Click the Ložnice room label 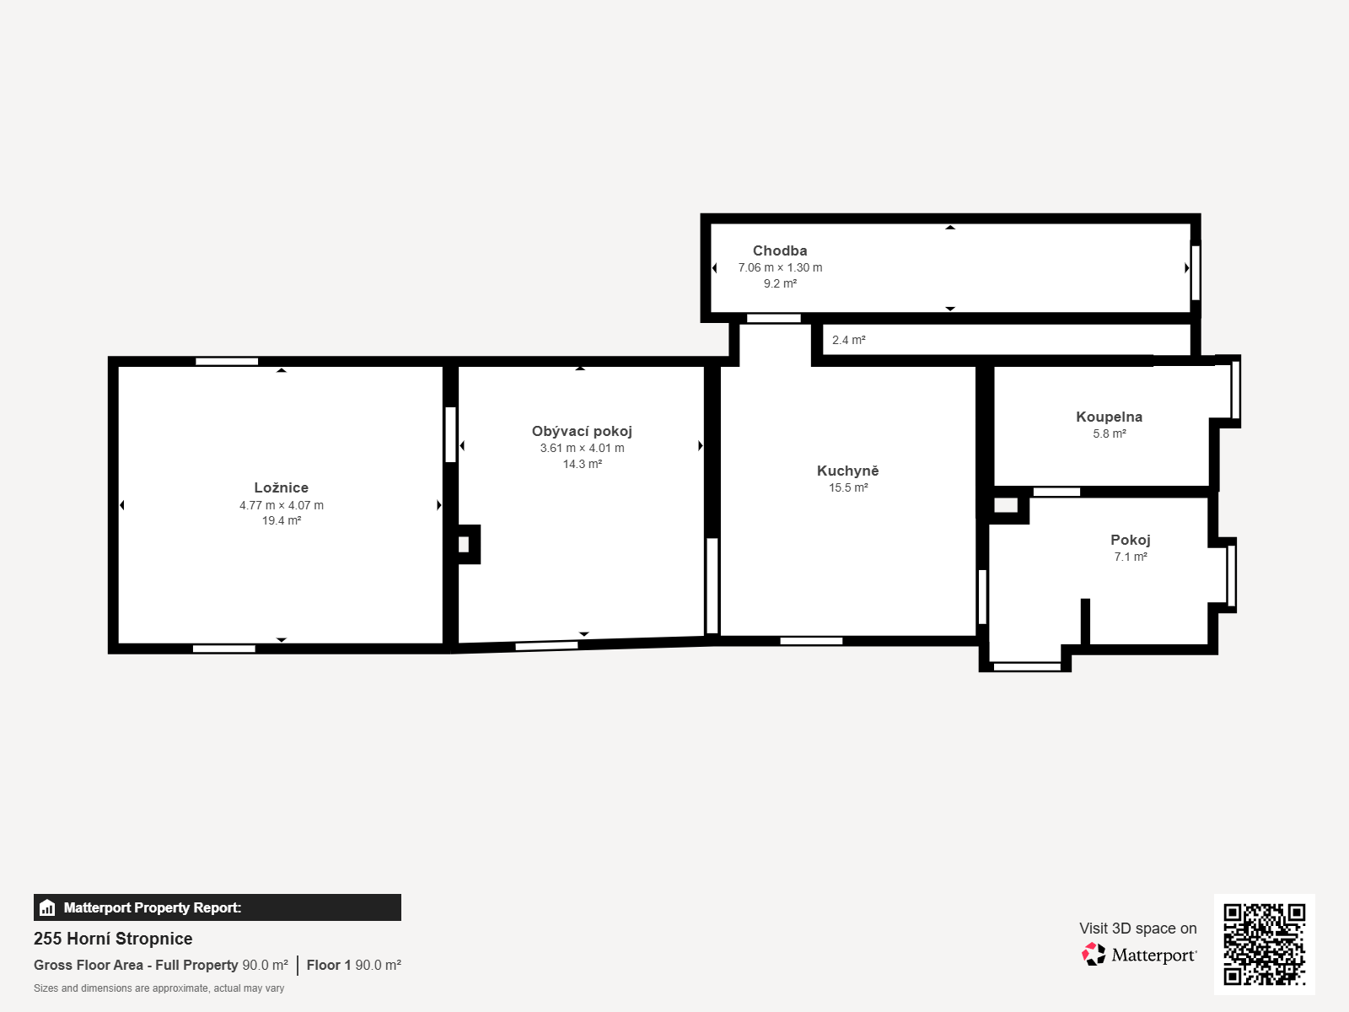[x=282, y=487]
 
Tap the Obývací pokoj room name [x=582, y=431]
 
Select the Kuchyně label [x=847, y=471]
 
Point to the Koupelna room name [x=1110, y=417]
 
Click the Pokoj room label [x=1131, y=540]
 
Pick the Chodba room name [x=780, y=250]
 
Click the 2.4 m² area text [x=849, y=340]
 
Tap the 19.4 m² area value [x=282, y=520]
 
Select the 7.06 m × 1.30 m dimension [x=780, y=267]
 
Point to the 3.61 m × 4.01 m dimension [x=582, y=448]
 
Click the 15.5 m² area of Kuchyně [x=848, y=488]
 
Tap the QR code [x=1264, y=945]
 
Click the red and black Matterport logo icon [x=1094, y=955]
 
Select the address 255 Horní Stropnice [x=113, y=939]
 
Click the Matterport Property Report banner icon [x=47, y=907]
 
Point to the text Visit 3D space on [x=1138, y=929]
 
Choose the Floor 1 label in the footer [x=329, y=966]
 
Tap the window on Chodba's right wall [x=1196, y=272]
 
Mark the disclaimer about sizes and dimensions [x=159, y=988]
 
